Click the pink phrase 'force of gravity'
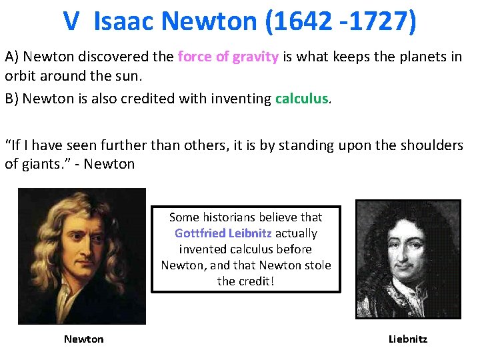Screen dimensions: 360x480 click(x=228, y=57)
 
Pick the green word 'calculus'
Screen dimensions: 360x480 click(x=302, y=99)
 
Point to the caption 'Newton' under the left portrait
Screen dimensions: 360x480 click(x=84, y=339)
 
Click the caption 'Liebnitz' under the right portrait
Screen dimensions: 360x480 click(x=408, y=339)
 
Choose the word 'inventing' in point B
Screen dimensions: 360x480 click(x=241, y=99)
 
